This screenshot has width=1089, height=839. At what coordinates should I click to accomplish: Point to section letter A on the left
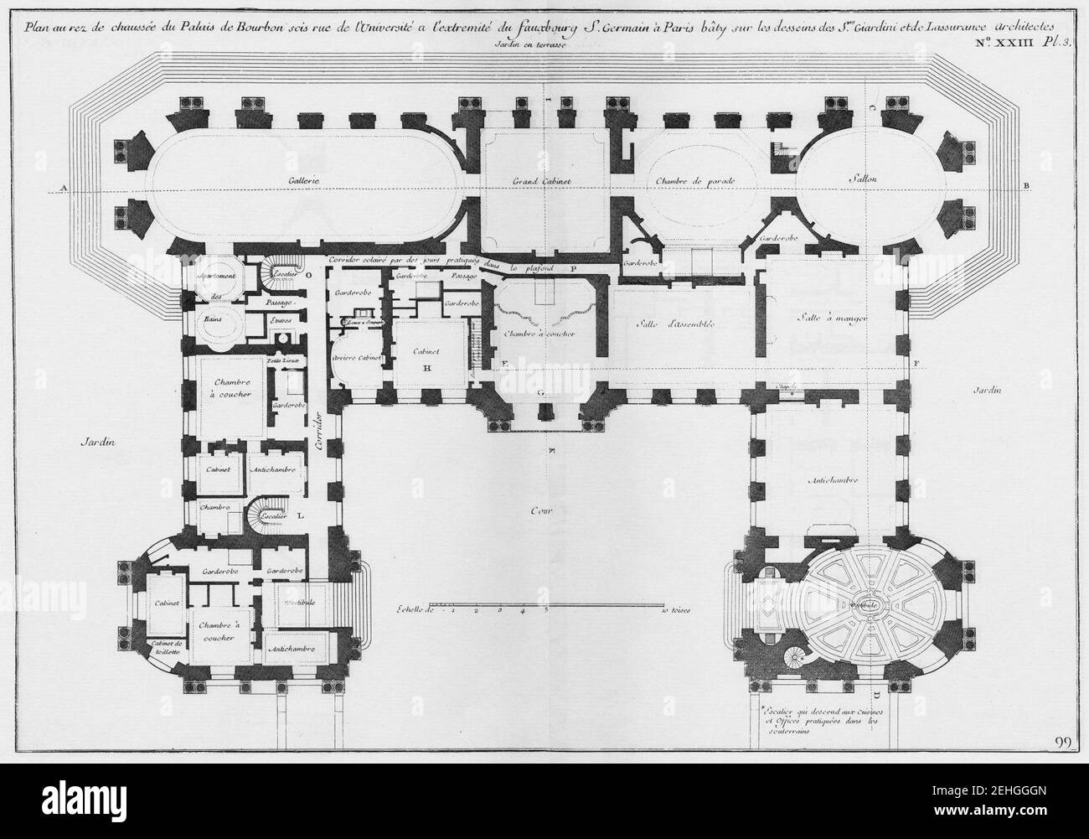pyautogui.click(x=63, y=186)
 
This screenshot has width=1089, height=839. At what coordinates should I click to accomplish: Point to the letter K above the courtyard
pyautogui.click(x=551, y=450)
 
